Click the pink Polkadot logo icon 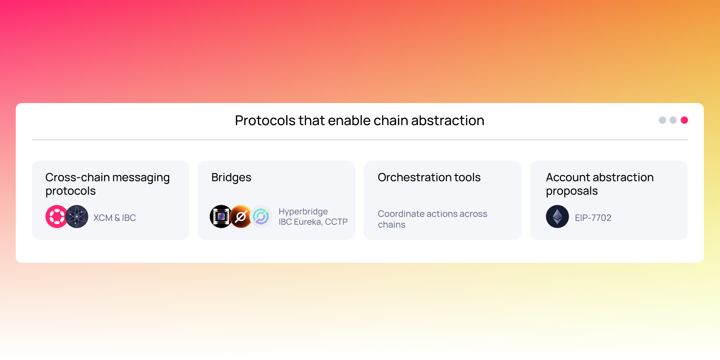click(x=57, y=217)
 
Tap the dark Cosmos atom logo click(x=77, y=217)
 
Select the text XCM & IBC click(x=114, y=218)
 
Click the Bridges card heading click(x=231, y=177)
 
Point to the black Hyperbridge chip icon click(x=221, y=216)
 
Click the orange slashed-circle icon click(x=241, y=217)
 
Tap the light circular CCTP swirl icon click(x=261, y=217)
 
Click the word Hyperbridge click(x=303, y=211)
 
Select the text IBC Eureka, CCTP click(x=313, y=222)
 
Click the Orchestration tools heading click(x=429, y=177)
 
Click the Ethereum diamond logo click(x=557, y=217)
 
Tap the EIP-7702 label click(x=593, y=218)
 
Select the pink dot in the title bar click(x=684, y=120)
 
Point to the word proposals click(x=571, y=191)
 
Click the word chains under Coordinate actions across click(x=391, y=225)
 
